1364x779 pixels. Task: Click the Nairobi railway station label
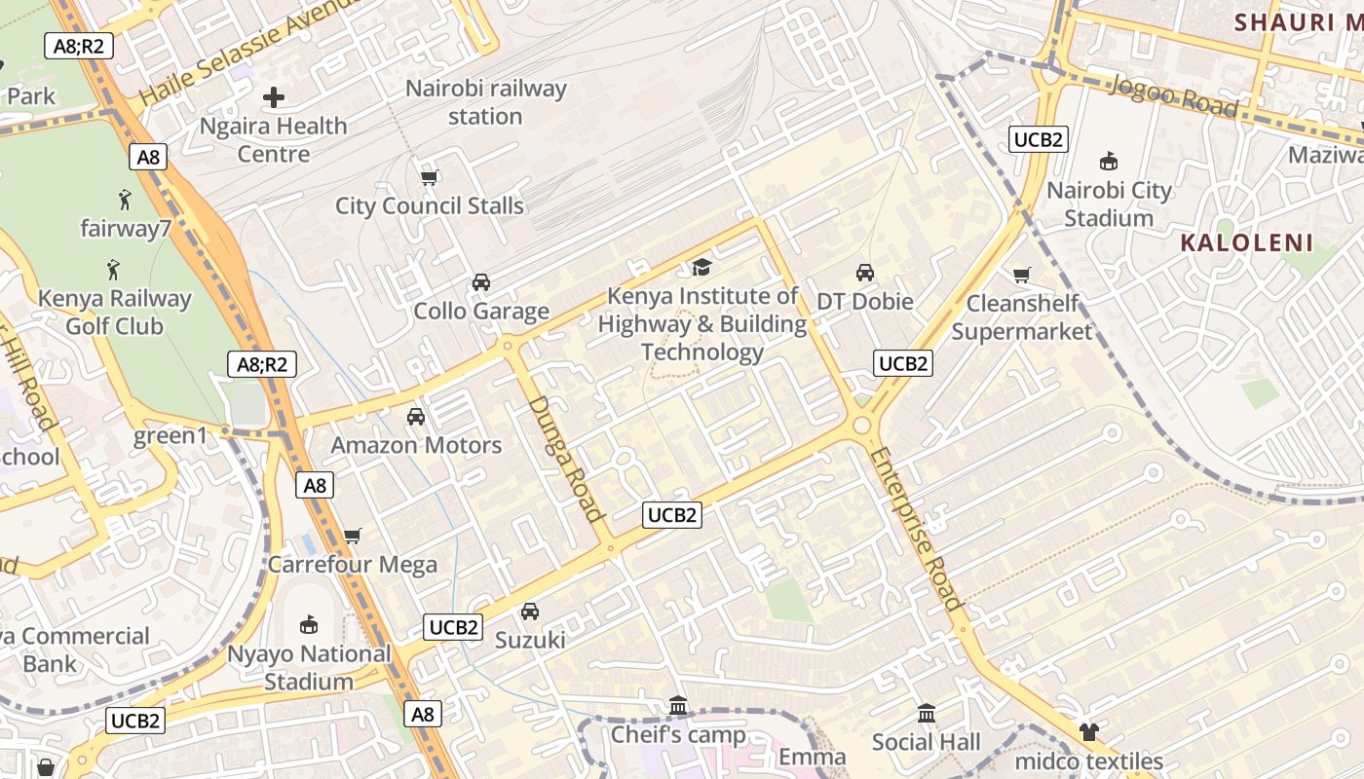pyautogui.click(x=485, y=102)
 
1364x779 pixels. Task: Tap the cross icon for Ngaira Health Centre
pyautogui.click(x=274, y=97)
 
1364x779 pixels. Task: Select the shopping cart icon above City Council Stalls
pyautogui.click(x=429, y=177)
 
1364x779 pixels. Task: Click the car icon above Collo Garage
pyautogui.click(x=480, y=282)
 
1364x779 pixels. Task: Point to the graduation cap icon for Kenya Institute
pyautogui.click(x=701, y=267)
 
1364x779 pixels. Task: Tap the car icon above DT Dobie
pyautogui.click(x=864, y=273)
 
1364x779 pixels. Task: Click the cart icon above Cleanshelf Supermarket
pyautogui.click(x=1021, y=276)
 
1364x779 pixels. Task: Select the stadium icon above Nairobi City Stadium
pyautogui.click(x=1108, y=161)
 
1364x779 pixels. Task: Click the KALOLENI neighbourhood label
pyautogui.click(x=1247, y=243)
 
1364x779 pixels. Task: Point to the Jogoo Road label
pyautogui.click(x=1174, y=97)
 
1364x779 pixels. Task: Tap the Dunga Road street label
pyautogui.click(x=566, y=458)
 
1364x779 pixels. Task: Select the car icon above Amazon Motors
pyautogui.click(x=416, y=417)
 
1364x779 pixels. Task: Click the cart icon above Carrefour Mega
pyautogui.click(x=353, y=536)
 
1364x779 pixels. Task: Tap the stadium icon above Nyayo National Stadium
pyautogui.click(x=309, y=624)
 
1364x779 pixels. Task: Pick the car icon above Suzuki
pyautogui.click(x=529, y=612)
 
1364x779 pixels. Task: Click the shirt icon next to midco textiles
pyautogui.click(x=1088, y=732)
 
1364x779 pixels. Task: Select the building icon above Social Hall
pyautogui.click(x=927, y=714)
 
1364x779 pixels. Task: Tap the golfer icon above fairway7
pyautogui.click(x=125, y=201)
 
